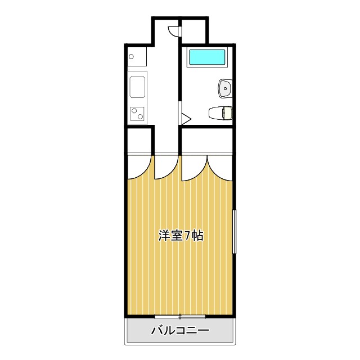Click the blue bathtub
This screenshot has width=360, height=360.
[206, 57]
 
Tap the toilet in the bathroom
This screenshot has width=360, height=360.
[220, 113]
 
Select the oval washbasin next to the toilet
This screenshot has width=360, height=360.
[224, 88]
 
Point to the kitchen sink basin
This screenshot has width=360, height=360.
[138, 88]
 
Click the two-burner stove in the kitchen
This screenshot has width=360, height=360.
[138, 114]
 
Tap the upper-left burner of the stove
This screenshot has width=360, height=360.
[134, 110]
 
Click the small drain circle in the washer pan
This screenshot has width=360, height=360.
[131, 56]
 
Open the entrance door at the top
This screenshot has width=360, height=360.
[175, 31]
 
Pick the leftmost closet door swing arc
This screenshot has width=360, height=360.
[138, 166]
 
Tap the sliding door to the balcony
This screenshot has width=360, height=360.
[180, 316]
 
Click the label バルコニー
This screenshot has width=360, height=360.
[180, 331]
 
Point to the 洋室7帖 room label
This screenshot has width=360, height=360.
[180, 236]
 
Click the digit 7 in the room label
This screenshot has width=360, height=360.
[187, 236]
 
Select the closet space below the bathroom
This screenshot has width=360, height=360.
[207, 140]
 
